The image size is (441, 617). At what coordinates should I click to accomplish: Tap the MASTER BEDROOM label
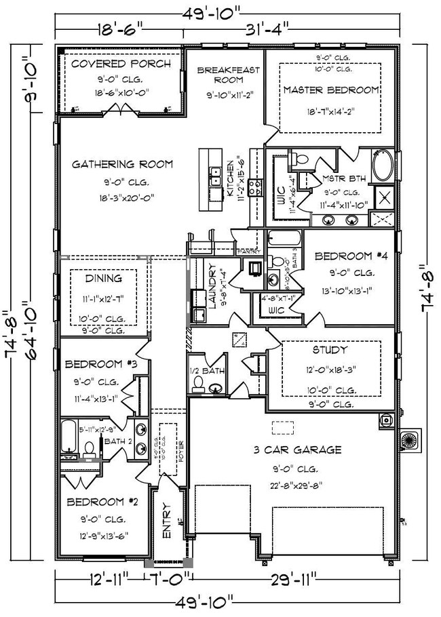coord(331,89)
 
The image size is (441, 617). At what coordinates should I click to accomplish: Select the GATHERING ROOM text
coord(123,164)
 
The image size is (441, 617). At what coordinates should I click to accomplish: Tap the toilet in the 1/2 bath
coord(199,384)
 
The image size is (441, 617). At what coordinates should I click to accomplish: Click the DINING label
coord(104,278)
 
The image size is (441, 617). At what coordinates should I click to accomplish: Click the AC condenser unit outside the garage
coord(412,439)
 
